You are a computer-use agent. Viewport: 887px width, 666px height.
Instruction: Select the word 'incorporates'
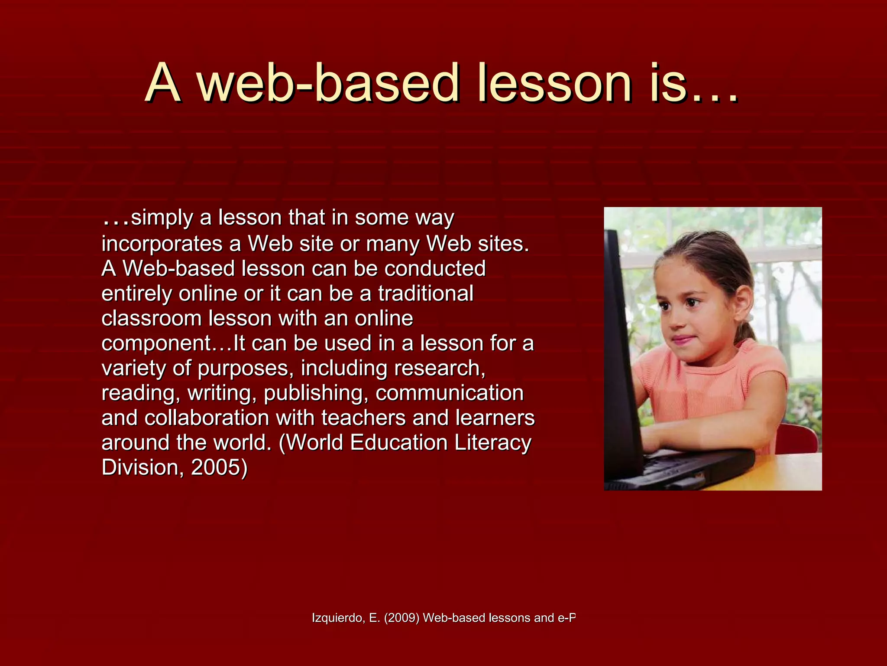(162, 244)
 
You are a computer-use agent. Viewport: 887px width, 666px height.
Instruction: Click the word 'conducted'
(435, 268)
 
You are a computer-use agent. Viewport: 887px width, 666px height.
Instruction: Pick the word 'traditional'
(426, 294)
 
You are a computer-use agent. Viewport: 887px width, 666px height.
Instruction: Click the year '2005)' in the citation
(219, 467)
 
